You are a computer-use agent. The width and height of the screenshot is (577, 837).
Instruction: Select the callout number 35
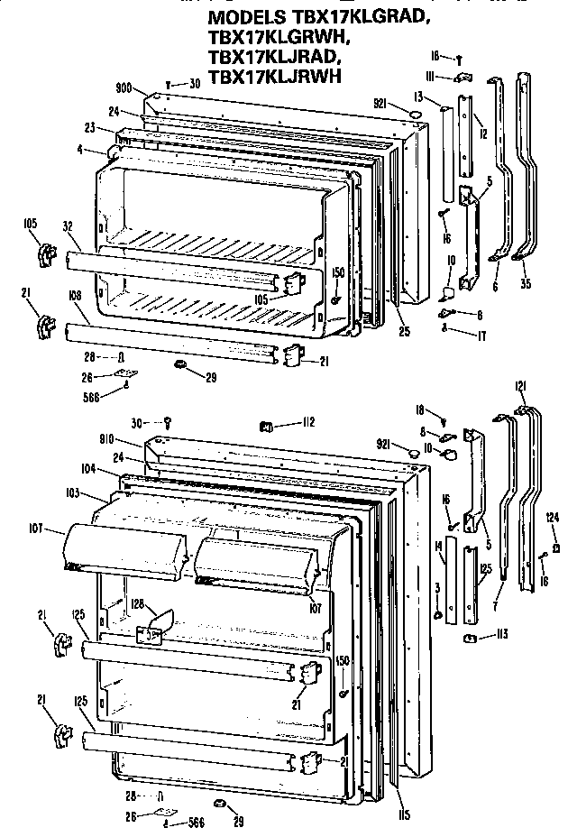[527, 284]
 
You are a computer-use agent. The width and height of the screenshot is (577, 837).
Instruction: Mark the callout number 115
[403, 816]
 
